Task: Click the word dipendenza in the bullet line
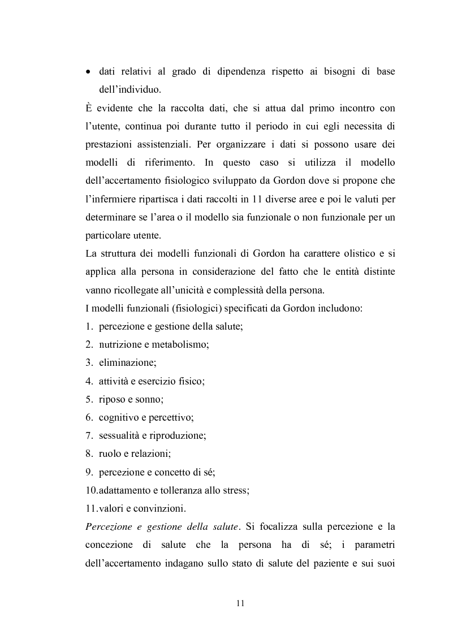241,72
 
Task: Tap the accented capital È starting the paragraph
88,108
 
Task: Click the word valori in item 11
110,508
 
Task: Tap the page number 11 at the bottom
240,603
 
